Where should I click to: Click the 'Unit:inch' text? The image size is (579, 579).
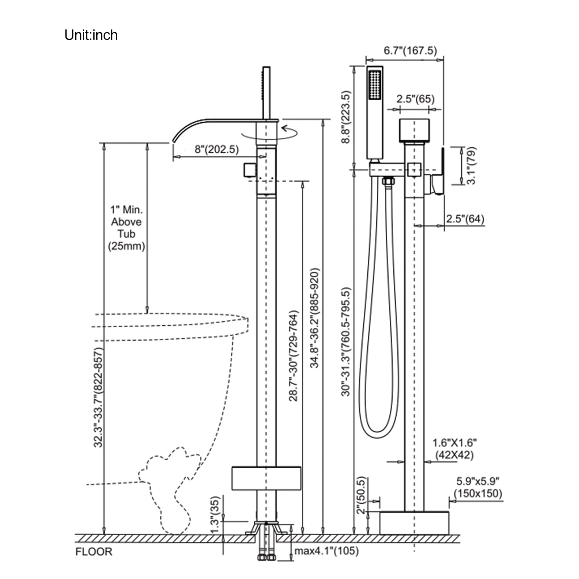(91, 35)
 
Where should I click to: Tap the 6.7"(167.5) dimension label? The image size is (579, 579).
(410, 50)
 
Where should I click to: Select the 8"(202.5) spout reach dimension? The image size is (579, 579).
(217, 149)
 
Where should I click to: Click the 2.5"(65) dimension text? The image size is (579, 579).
(415, 99)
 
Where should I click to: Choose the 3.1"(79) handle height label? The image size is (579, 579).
(471, 165)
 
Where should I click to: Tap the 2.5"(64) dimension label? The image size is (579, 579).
(465, 219)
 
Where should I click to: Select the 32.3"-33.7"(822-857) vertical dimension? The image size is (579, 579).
(98, 397)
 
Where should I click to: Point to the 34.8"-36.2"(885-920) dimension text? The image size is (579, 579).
(314, 318)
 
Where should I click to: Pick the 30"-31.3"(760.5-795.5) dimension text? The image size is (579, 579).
(346, 342)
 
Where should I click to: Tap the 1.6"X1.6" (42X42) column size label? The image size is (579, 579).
(455, 449)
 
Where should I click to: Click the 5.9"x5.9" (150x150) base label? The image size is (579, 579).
(478, 487)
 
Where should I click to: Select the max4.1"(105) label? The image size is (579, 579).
(326, 551)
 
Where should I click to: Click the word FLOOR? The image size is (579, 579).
(94, 552)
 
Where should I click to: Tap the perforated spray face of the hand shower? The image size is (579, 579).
(374, 84)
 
